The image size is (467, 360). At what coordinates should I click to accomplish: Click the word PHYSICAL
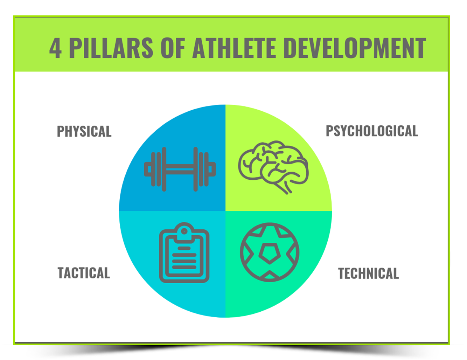click(84, 132)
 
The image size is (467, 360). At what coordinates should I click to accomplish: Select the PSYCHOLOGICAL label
click(372, 131)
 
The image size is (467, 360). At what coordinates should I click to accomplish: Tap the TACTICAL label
click(84, 273)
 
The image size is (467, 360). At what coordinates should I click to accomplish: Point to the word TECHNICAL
click(368, 274)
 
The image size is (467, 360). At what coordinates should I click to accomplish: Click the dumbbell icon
click(180, 169)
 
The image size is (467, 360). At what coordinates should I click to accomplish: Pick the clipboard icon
click(184, 252)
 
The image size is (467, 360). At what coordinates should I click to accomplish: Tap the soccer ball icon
click(270, 252)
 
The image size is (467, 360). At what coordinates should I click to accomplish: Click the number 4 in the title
click(55, 48)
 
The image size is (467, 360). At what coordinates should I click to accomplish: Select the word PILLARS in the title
click(111, 48)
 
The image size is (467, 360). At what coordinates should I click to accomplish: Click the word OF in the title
click(173, 48)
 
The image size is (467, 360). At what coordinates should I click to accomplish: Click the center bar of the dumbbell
click(180, 169)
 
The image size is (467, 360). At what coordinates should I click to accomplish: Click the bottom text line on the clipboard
click(184, 267)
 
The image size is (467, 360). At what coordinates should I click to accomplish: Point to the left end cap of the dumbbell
click(147, 169)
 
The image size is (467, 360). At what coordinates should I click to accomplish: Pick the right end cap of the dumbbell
click(212, 169)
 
